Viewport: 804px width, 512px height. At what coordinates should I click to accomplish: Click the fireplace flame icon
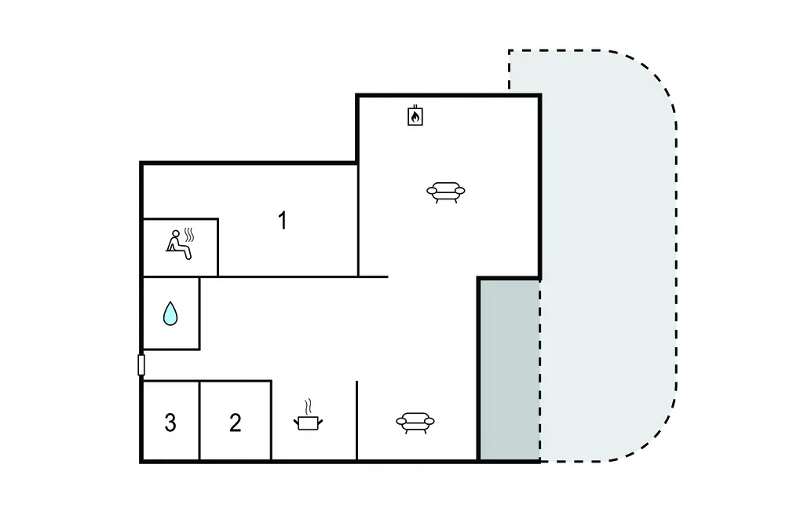(415, 115)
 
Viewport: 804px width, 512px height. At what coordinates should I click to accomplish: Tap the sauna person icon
(180, 243)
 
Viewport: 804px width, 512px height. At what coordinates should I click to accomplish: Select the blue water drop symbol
(170, 313)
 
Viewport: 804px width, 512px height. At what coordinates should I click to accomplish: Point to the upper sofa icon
(446, 192)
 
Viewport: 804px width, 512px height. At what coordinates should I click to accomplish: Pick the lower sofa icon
(415, 422)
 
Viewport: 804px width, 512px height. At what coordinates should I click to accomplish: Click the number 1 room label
(282, 221)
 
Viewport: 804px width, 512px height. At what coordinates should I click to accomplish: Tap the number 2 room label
(235, 422)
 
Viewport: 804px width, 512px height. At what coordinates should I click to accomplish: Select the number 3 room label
(170, 422)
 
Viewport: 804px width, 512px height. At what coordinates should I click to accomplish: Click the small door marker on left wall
(141, 365)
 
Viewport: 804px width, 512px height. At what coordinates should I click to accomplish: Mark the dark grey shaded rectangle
(509, 369)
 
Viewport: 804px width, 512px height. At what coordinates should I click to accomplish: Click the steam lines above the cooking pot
(308, 407)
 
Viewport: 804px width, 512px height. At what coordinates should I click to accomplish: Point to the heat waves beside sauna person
(189, 235)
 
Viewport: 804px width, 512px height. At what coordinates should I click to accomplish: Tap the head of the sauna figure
(176, 234)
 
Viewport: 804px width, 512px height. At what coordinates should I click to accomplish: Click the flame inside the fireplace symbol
(415, 118)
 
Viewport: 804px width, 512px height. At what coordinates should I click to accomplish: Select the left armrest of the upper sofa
(432, 192)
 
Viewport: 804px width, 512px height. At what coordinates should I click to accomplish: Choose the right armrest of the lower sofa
(429, 422)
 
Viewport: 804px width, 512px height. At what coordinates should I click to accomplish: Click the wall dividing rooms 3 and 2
(199, 421)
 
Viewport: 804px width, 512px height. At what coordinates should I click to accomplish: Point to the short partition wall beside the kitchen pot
(357, 421)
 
